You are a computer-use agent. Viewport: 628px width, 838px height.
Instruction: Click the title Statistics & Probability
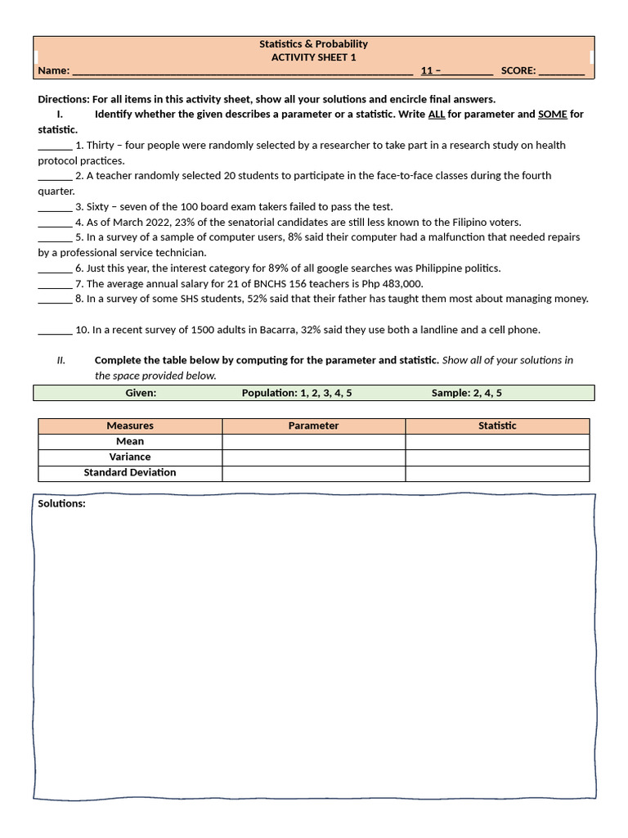(x=313, y=44)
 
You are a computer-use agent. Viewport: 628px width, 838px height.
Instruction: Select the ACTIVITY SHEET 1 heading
(x=313, y=57)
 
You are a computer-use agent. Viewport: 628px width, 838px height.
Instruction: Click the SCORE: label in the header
(x=518, y=71)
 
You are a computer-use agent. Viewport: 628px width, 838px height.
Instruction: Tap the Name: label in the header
(x=53, y=71)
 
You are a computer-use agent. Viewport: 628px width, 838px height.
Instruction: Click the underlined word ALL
(x=437, y=115)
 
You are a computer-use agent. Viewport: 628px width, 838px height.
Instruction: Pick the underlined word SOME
(x=552, y=115)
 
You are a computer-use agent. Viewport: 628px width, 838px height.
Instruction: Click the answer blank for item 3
(x=55, y=207)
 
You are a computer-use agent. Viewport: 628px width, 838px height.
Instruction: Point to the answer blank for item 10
(x=55, y=331)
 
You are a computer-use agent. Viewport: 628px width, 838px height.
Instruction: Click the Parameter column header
(x=313, y=426)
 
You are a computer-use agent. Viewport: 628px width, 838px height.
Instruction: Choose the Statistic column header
(x=497, y=426)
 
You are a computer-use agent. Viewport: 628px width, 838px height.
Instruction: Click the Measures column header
(x=130, y=426)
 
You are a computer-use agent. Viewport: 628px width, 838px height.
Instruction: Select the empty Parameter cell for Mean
(x=313, y=441)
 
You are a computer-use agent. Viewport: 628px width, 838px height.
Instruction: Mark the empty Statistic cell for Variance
(x=497, y=457)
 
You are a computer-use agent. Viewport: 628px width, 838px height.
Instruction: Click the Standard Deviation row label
(x=130, y=473)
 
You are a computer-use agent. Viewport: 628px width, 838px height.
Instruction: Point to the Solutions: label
(x=61, y=504)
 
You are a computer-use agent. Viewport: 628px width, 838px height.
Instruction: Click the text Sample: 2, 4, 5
(x=467, y=394)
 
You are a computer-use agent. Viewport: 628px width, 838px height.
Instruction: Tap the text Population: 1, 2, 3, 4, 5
(x=297, y=394)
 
